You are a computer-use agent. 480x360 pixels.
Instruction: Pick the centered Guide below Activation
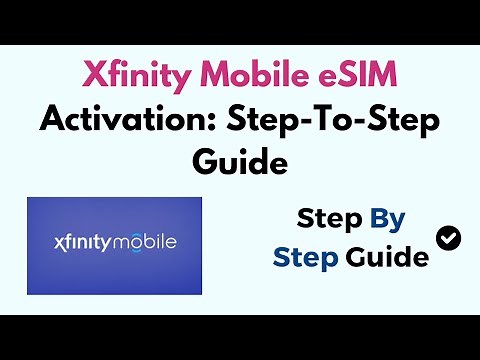tap(240, 161)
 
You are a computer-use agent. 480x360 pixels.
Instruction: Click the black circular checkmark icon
tap(449, 237)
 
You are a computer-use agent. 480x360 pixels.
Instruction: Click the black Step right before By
tap(331, 220)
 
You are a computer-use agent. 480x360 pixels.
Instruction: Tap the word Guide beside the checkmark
tap(387, 257)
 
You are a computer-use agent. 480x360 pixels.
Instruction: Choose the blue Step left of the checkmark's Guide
tap(306, 257)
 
